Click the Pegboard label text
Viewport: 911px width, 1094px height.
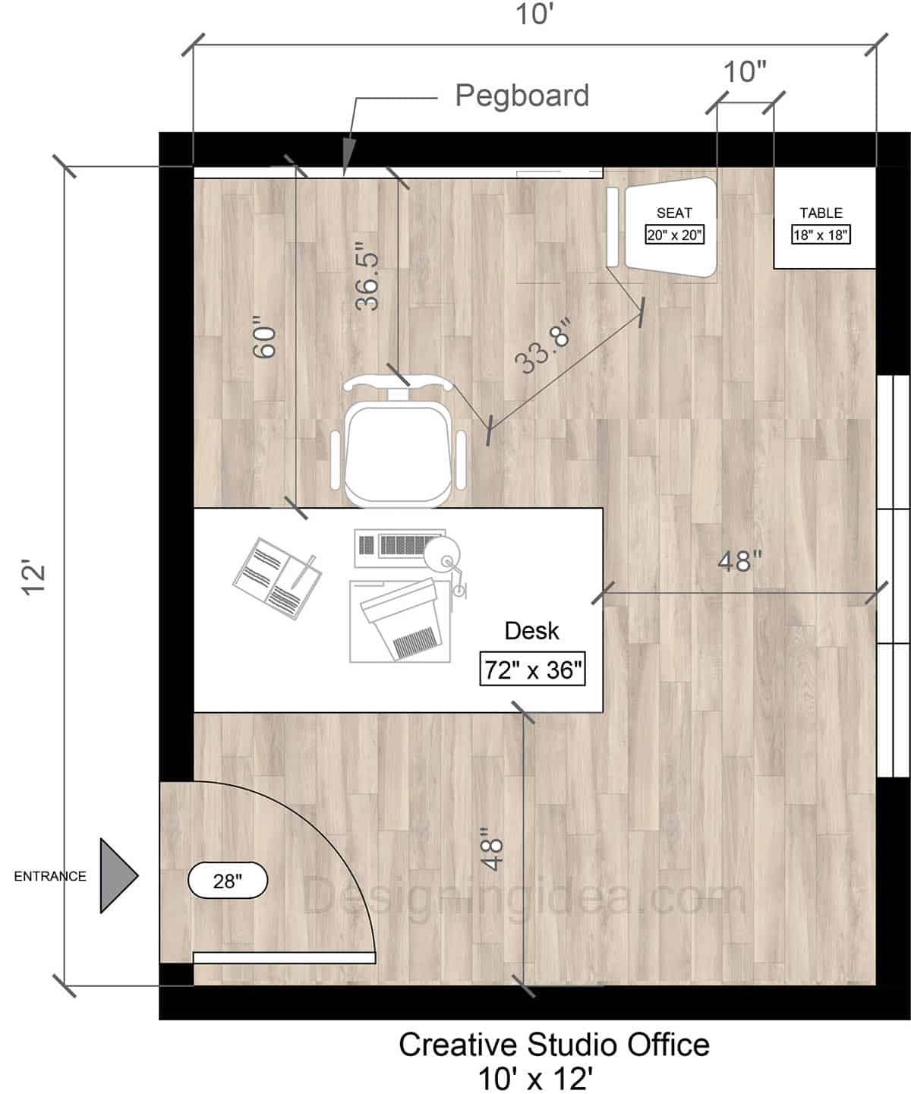(522, 96)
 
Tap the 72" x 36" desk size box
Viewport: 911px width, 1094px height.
(532, 669)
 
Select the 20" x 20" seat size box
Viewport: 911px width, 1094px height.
(674, 235)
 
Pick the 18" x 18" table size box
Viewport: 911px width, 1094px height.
(820, 235)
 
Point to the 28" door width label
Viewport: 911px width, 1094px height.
(228, 881)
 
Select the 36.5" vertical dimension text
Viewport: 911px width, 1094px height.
(368, 276)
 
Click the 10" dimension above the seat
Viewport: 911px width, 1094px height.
(744, 72)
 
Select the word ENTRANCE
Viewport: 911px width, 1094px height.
(50, 876)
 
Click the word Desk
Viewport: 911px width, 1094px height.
(531, 631)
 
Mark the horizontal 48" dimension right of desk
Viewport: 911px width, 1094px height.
(739, 561)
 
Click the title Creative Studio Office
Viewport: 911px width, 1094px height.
(554, 1045)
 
